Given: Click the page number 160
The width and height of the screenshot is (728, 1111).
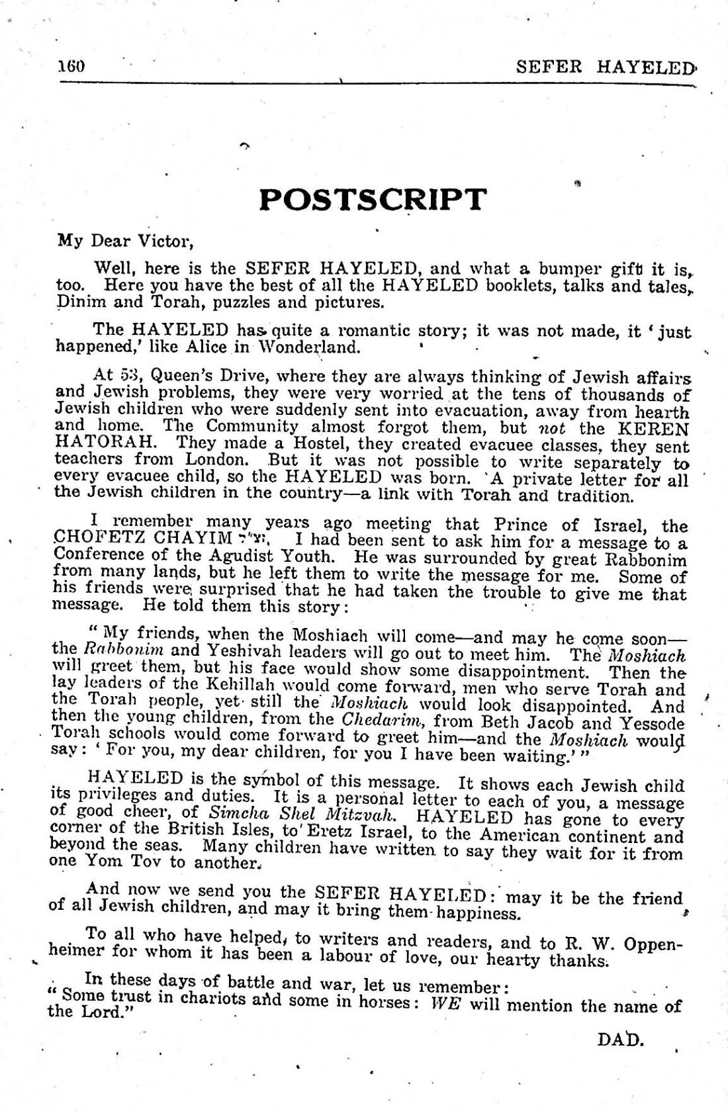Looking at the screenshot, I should (72, 66).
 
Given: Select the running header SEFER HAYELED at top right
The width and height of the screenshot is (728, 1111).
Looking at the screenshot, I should (606, 67).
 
